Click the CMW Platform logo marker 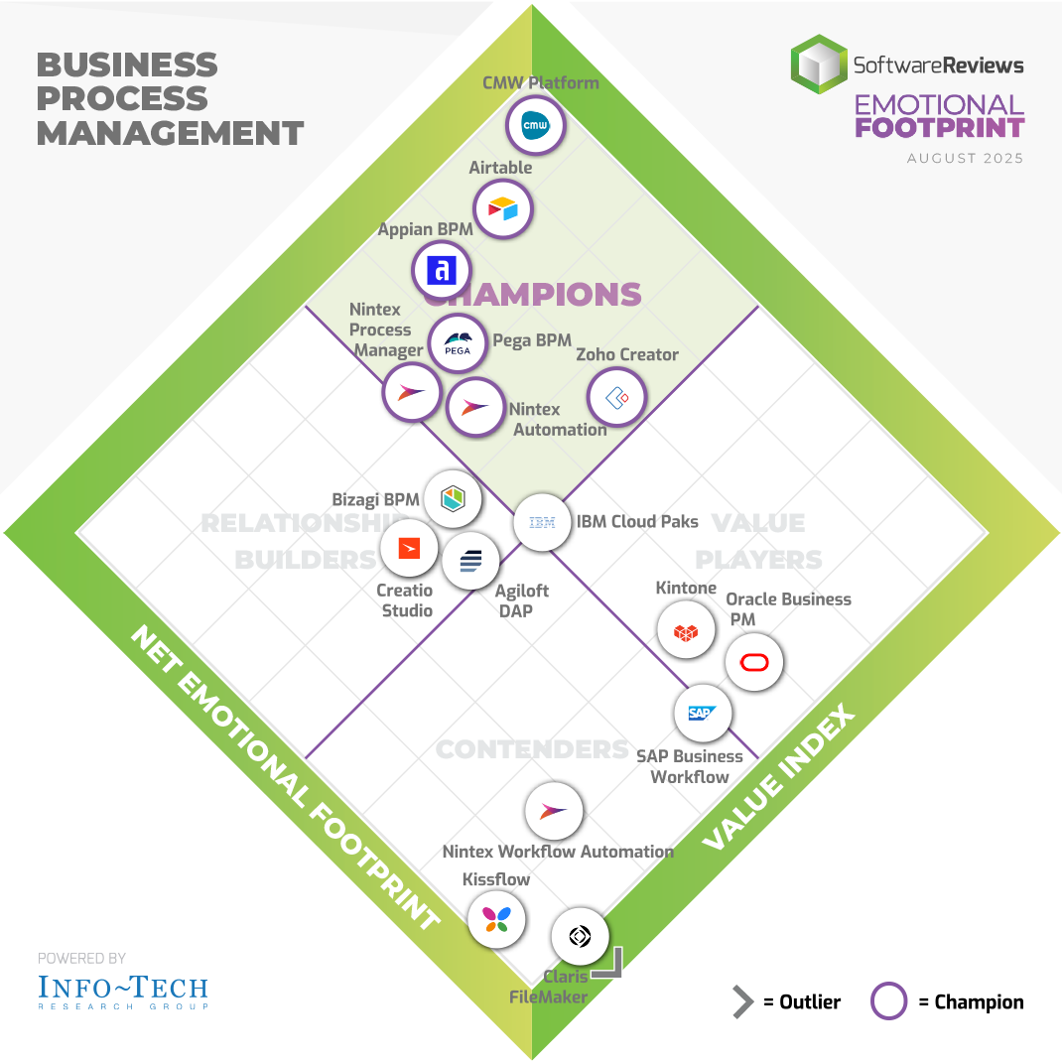(x=536, y=126)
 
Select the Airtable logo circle (x=503, y=209)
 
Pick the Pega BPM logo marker (x=458, y=343)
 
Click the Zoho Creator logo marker (x=616, y=397)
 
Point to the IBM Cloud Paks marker (x=542, y=522)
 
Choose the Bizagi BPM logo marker (x=453, y=498)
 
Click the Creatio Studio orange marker (x=409, y=547)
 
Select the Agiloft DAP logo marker (x=470, y=562)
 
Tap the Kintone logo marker (x=686, y=630)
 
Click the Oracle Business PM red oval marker (x=754, y=663)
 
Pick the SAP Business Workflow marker (x=703, y=712)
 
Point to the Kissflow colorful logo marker (x=495, y=918)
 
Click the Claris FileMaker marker (x=580, y=936)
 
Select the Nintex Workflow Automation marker (x=553, y=812)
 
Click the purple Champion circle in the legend (x=888, y=1001)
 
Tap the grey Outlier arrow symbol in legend (x=742, y=1001)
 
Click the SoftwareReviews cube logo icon (x=819, y=66)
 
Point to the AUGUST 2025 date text (x=965, y=159)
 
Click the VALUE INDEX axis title (x=779, y=780)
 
